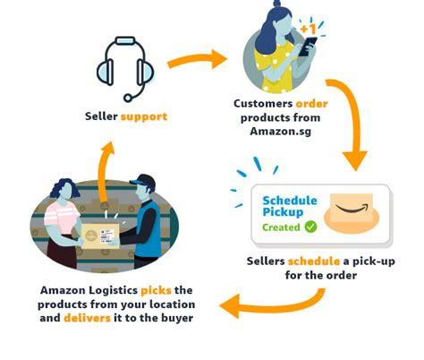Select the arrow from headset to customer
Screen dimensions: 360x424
pyautogui.click(x=195, y=61)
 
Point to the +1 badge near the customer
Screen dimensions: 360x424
pyautogui.click(x=310, y=30)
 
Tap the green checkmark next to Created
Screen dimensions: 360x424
pyautogui.click(x=310, y=227)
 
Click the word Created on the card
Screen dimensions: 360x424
pyautogui.click(x=280, y=227)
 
